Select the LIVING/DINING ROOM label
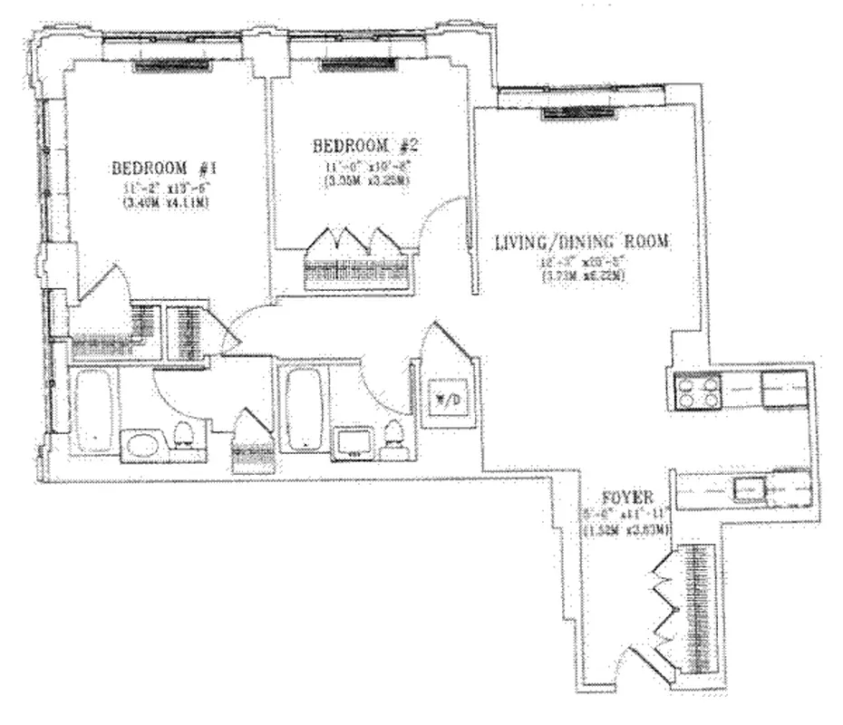tap(582, 242)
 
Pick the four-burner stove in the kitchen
tap(694, 392)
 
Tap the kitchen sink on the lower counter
tap(750, 490)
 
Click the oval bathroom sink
tap(140, 445)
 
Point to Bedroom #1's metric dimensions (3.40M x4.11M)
tap(162, 202)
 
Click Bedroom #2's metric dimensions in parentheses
tap(363, 180)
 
